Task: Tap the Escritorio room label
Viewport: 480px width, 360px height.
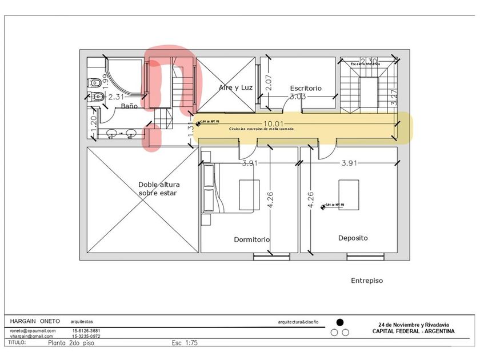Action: tap(305, 89)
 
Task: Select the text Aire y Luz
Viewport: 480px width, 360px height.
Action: tap(236, 87)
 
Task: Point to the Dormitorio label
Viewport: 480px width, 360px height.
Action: tap(252, 239)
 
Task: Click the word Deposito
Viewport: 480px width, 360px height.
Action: tap(353, 238)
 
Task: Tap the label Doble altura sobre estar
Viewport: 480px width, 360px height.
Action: tap(157, 189)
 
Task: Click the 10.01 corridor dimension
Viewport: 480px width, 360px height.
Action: tap(273, 123)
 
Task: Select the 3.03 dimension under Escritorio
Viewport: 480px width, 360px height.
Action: tap(297, 97)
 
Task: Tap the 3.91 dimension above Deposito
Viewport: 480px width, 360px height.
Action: tap(349, 163)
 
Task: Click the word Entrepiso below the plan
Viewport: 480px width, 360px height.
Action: tap(366, 281)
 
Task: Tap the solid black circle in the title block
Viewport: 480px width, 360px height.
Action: tap(340, 322)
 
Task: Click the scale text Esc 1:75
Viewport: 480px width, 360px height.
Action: tap(185, 343)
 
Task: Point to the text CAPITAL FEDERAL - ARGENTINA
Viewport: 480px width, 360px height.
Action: tap(414, 331)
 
